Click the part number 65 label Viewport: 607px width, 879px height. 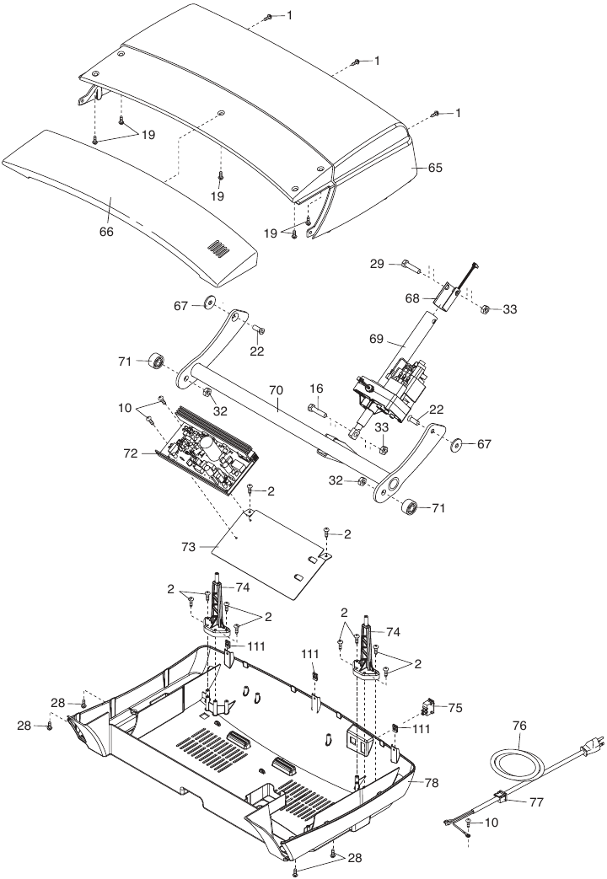point(434,168)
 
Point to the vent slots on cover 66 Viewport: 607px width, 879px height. point(218,248)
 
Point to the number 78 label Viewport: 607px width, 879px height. point(431,783)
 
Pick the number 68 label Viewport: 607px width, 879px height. point(411,297)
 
